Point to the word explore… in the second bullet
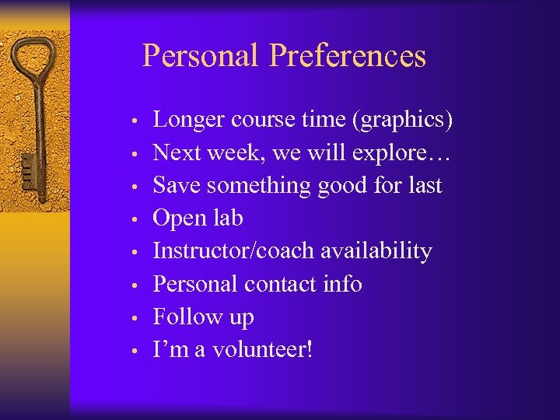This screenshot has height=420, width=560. (401, 153)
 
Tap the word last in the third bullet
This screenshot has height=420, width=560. (424, 186)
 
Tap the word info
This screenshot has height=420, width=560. (343, 284)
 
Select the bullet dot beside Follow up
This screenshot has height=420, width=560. (135, 318)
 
